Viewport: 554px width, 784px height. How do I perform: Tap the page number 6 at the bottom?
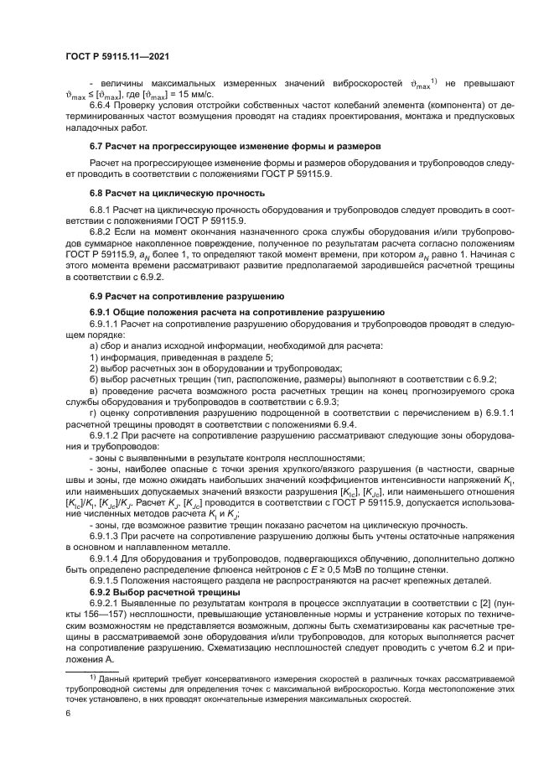pos(69,713)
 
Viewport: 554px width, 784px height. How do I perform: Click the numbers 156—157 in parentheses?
pos(101,615)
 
